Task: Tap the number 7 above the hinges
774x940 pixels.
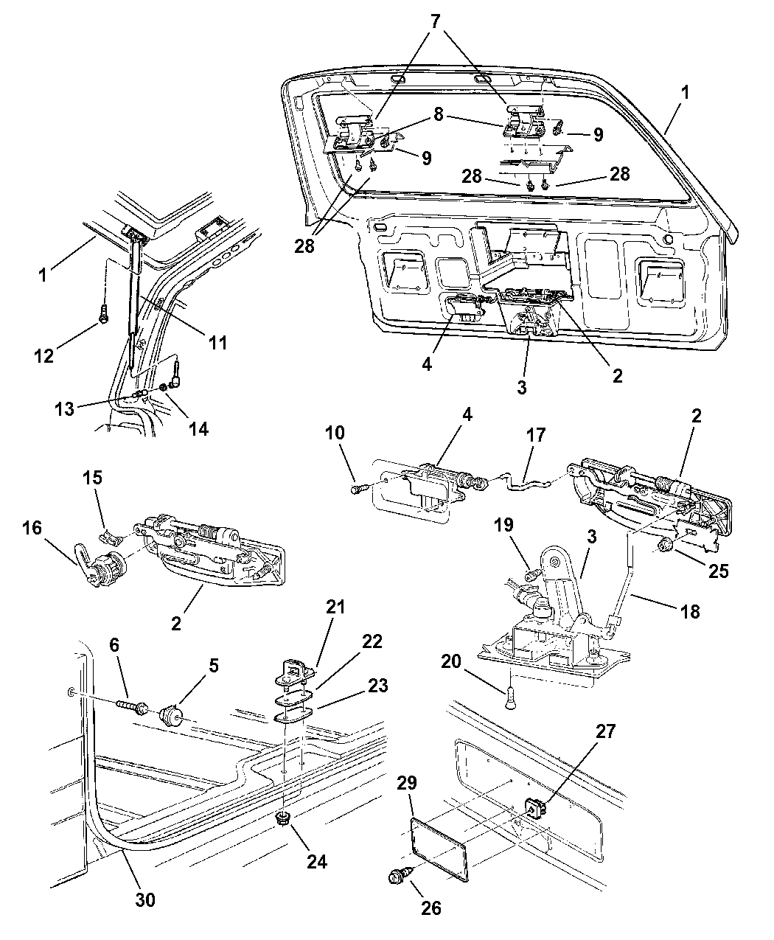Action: [436, 21]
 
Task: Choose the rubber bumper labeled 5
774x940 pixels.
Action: [171, 715]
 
